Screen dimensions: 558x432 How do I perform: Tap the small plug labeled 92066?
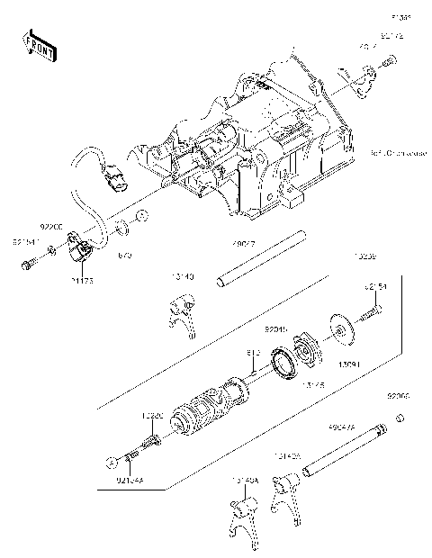400,415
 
